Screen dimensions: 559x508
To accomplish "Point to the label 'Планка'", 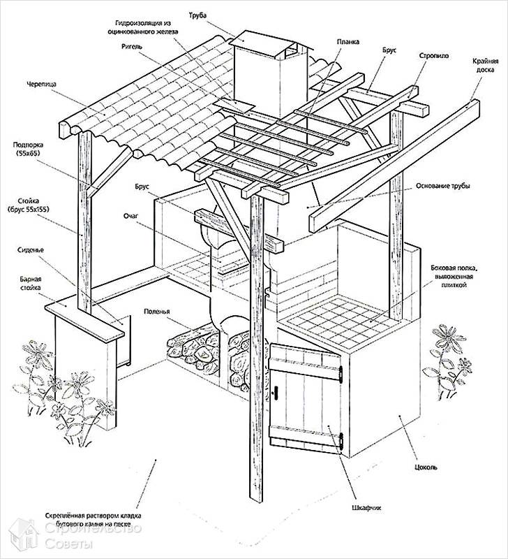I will pyautogui.click(x=347, y=41).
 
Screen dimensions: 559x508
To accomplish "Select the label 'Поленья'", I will pyautogui.click(x=158, y=312).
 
